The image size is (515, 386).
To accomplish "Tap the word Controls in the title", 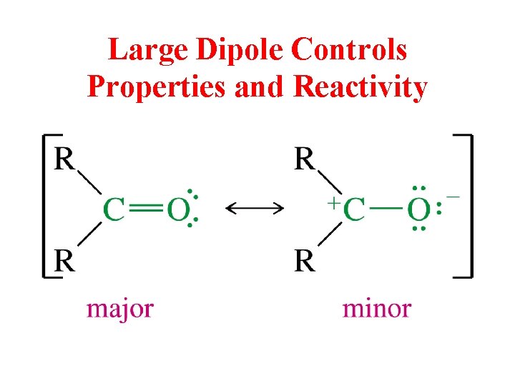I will coord(350,50).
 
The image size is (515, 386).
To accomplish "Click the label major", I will coord(120,308).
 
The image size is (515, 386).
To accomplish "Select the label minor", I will coord(377,308).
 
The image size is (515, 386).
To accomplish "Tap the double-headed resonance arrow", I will coord(255,208).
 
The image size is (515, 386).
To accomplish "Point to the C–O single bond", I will coord(387,209).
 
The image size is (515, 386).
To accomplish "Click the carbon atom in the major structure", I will coord(114,209).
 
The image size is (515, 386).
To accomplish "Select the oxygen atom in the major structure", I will coord(177,209).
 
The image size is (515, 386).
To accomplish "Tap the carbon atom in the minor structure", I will coord(354,209).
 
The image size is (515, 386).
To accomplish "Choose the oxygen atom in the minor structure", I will coord(418,209).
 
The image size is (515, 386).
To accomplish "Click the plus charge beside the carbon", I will coord(333,202).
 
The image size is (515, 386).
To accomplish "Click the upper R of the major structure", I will coord(65,159).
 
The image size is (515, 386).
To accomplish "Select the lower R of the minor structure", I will coord(305,261).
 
